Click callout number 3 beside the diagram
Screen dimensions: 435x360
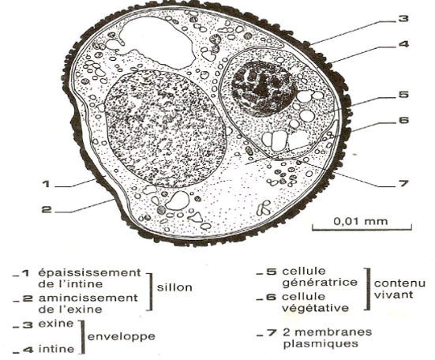[403, 19]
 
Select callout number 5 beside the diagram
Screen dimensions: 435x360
[403, 95]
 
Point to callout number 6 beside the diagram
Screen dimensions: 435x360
[403, 120]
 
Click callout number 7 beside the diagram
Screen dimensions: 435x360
[403, 183]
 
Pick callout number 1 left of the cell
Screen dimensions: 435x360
[47, 184]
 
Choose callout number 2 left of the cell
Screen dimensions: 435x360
[47, 209]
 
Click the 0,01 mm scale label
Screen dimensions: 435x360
[360, 221]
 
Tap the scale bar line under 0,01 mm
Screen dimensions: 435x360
[362, 229]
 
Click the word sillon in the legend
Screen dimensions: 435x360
[174, 287]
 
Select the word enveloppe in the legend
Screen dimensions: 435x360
[122, 337]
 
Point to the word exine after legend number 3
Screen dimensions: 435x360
[56, 324]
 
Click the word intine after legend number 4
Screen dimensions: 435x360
[56, 349]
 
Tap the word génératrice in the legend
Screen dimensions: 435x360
[320, 282]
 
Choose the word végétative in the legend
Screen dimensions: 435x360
[316, 308]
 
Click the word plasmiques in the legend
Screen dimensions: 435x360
[321, 344]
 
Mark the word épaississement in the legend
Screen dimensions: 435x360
[90, 273]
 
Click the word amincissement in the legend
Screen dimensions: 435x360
[88, 298]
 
